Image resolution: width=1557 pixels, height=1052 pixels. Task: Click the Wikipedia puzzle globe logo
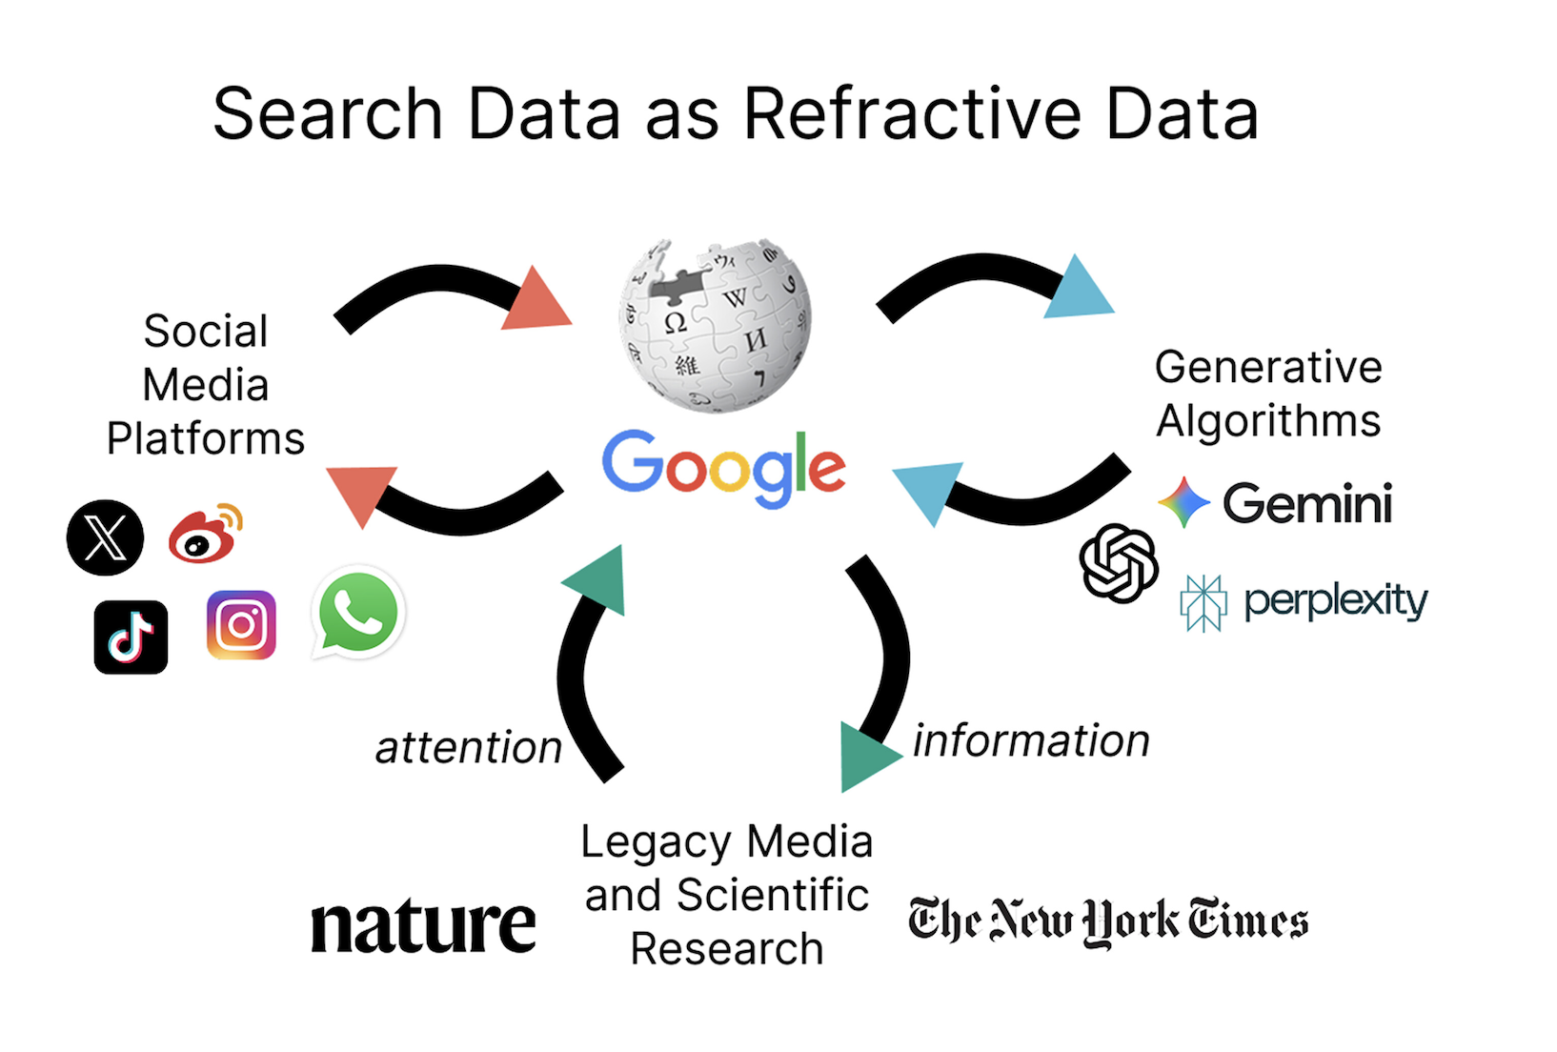tap(716, 324)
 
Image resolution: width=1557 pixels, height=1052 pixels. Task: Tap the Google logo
tap(723, 467)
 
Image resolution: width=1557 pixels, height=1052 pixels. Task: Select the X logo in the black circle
tap(106, 537)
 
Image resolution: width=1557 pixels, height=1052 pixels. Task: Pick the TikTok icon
tap(131, 637)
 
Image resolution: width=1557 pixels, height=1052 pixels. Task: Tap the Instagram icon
tap(241, 625)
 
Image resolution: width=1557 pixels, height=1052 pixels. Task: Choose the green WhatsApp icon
tap(358, 613)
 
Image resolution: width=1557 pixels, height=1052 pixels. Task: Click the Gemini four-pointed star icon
tap(1183, 502)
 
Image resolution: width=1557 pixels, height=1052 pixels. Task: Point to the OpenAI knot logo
tap(1119, 563)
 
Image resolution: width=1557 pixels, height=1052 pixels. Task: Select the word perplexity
tap(1335, 600)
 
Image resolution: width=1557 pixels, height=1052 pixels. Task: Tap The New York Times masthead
tap(1108, 920)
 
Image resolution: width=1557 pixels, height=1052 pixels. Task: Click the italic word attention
tap(469, 748)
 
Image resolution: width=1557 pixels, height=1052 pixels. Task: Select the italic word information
tap(1031, 740)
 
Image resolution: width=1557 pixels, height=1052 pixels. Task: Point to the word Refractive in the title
tap(913, 114)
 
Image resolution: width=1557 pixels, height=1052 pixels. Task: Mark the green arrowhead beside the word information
tap(863, 757)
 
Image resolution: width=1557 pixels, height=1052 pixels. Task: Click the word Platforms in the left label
tap(206, 439)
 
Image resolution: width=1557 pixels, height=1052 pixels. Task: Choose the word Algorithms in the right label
tap(1268, 421)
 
